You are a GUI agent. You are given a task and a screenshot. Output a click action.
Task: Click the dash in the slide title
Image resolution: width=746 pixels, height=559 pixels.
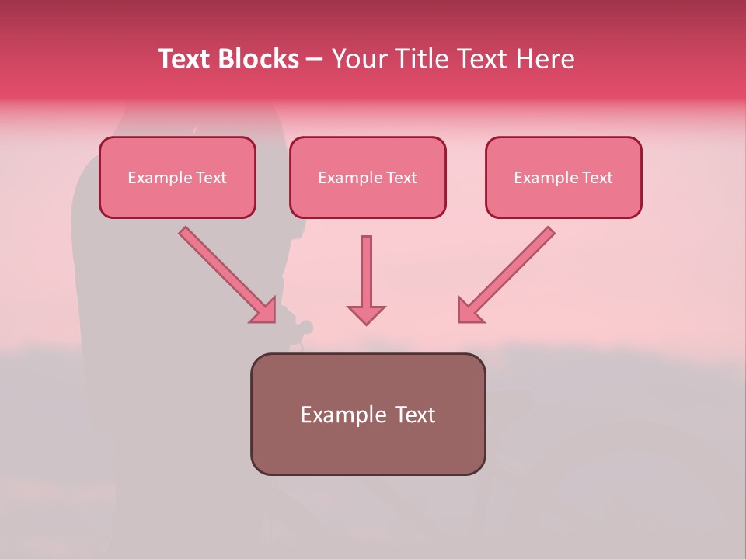coord(315,60)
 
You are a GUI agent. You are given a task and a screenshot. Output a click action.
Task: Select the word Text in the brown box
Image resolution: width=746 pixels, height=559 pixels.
coord(417,415)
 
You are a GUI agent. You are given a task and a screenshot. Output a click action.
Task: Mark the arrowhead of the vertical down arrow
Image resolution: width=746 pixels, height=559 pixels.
coord(366,314)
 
